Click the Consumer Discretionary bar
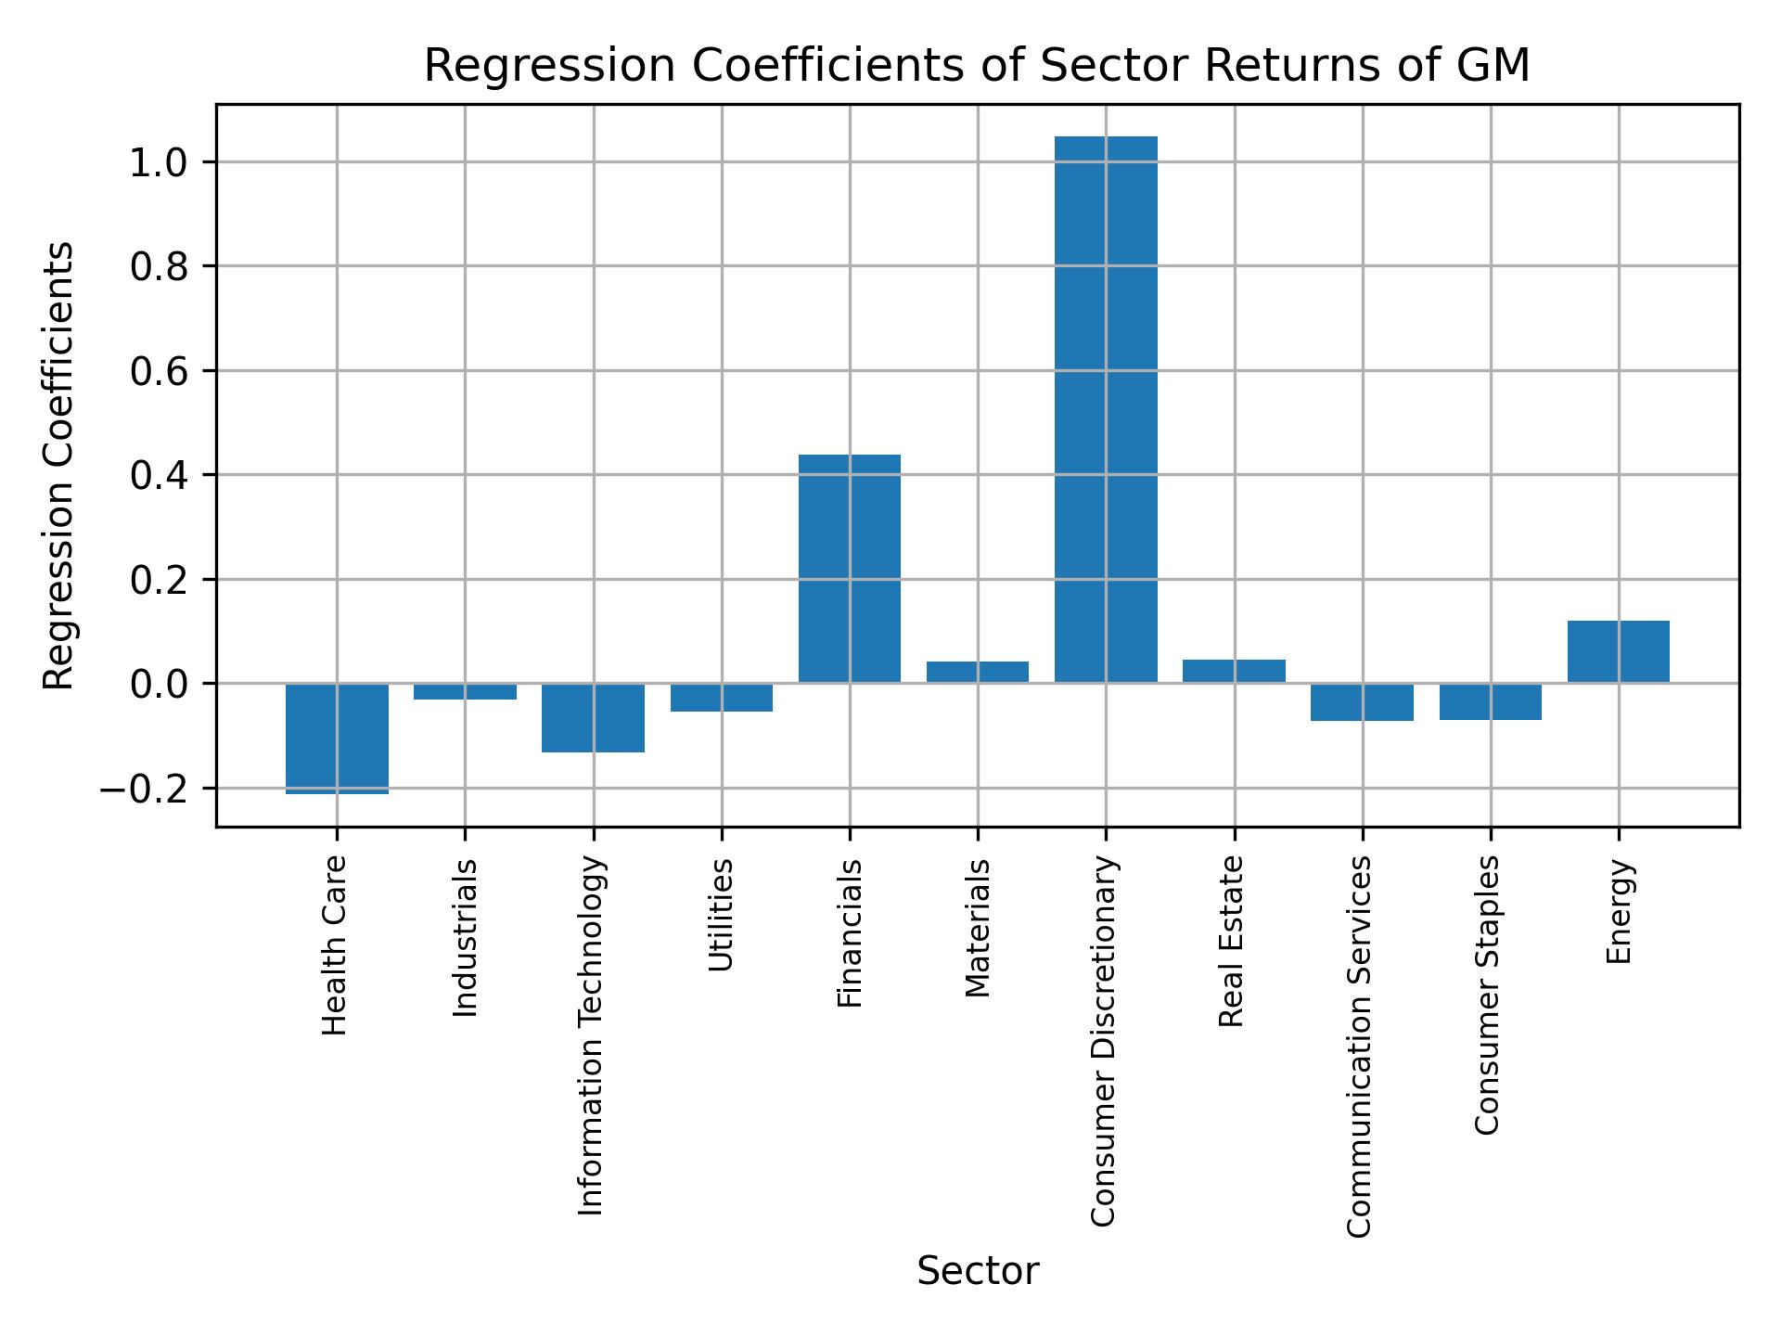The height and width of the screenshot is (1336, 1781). (x=1106, y=409)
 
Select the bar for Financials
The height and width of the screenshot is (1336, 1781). (x=849, y=569)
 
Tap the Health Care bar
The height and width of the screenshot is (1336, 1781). (x=337, y=739)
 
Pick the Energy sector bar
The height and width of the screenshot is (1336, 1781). (x=1618, y=651)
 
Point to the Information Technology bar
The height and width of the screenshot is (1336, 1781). (x=593, y=717)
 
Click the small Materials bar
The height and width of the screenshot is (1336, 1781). (x=977, y=672)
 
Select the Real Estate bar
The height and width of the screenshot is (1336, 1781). (x=1234, y=671)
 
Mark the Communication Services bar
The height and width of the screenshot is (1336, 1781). (x=1362, y=702)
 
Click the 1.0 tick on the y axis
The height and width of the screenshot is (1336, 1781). (x=159, y=163)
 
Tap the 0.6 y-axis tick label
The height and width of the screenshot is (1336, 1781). (x=159, y=372)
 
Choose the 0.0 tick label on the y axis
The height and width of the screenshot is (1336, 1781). (x=159, y=685)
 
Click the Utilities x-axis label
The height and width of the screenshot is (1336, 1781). (x=721, y=915)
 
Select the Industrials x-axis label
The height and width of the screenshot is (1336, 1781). (x=465, y=937)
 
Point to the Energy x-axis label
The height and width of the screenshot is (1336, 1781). (x=1618, y=911)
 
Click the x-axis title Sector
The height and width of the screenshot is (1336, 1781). (x=977, y=1271)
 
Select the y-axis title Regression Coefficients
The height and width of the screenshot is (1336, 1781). (x=59, y=465)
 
